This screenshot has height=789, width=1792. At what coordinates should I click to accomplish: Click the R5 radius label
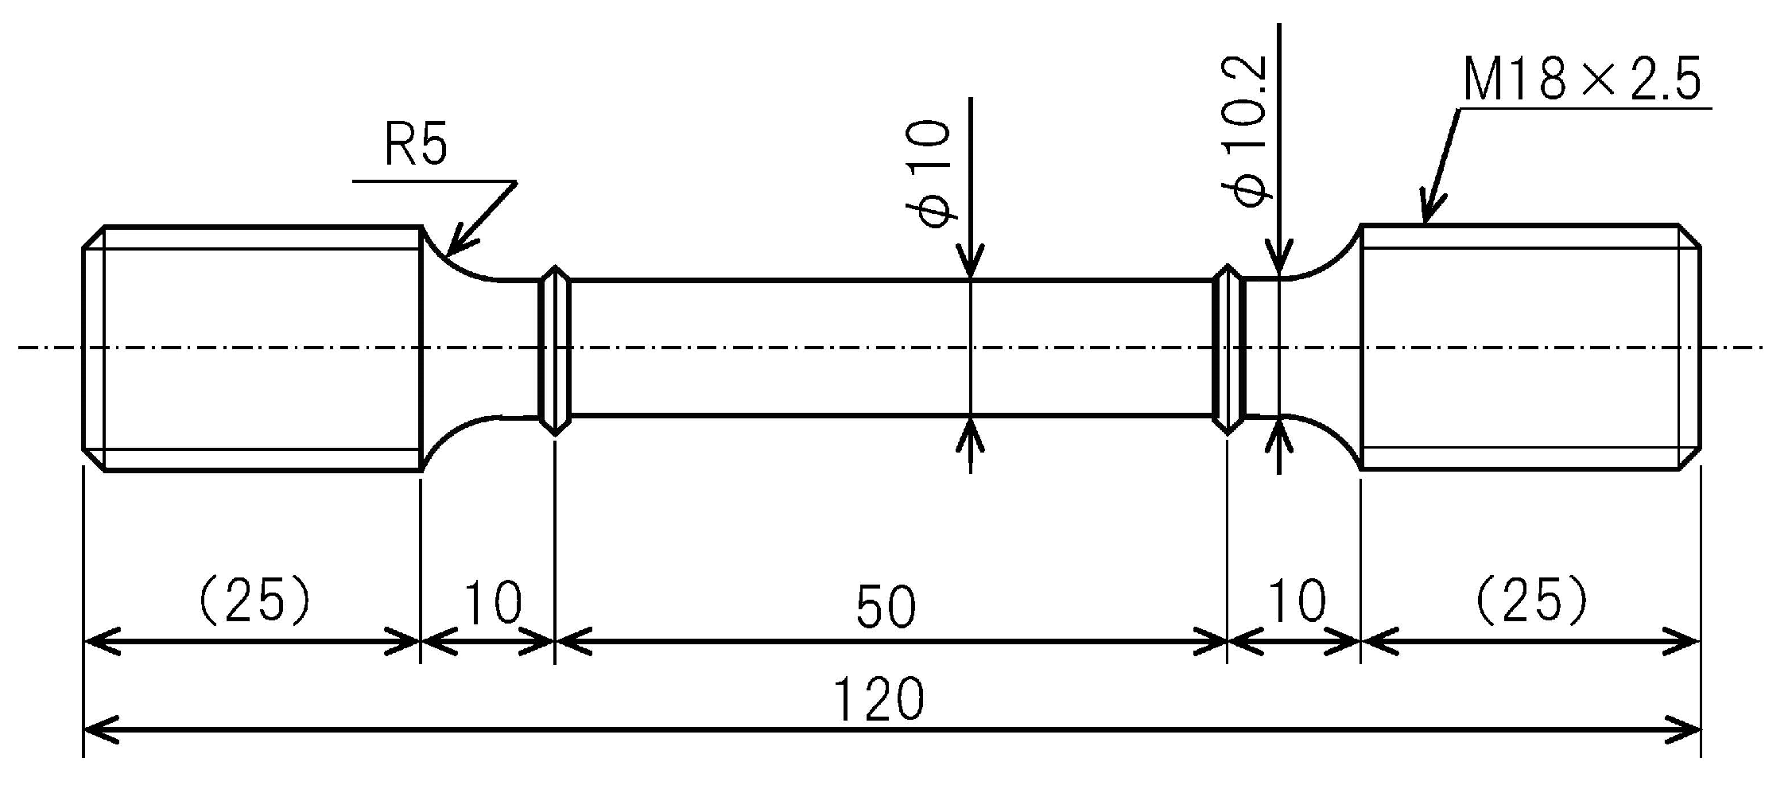coord(416,145)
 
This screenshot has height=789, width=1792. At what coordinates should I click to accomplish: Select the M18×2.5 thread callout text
coord(1581,80)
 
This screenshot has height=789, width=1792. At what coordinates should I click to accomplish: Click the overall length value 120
coord(879,699)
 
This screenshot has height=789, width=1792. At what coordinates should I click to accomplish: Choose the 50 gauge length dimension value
coord(886,607)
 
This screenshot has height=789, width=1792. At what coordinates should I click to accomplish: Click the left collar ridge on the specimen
coord(553,350)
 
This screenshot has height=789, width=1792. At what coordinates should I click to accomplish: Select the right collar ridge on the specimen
coord(1229,350)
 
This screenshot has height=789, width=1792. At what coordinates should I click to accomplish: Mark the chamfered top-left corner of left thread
coord(94,237)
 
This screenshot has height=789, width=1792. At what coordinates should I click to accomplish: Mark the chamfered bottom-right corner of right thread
coord(1690,459)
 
